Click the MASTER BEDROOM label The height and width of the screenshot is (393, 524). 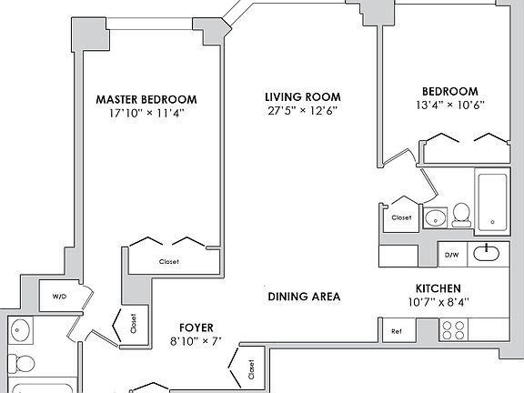(146, 99)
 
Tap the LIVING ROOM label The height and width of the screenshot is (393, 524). (303, 97)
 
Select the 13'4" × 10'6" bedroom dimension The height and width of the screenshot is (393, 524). (450, 105)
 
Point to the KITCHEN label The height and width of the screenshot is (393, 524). (438, 288)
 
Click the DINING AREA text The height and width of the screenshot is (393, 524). (304, 297)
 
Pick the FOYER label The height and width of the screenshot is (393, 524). (196, 327)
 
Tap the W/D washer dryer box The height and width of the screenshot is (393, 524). (59, 296)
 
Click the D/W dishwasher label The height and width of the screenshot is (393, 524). (451, 255)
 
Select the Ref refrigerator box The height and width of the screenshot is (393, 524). (398, 330)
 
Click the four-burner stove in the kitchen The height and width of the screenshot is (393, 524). (453, 330)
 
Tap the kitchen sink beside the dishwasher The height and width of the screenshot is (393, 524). (486, 253)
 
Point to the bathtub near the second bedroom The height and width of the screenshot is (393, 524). (492, 203)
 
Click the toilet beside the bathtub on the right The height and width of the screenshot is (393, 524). (461, 215)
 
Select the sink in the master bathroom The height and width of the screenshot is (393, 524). (20, 330)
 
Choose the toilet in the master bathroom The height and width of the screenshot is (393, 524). (21, 363)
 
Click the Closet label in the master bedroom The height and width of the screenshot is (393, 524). (169, 262)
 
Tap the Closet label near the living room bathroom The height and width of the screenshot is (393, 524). (401, 217)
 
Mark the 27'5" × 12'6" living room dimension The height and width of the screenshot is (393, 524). (303, 110)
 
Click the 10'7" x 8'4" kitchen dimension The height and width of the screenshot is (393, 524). (438, 302)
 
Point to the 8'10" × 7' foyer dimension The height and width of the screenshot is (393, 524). (196, 341)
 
